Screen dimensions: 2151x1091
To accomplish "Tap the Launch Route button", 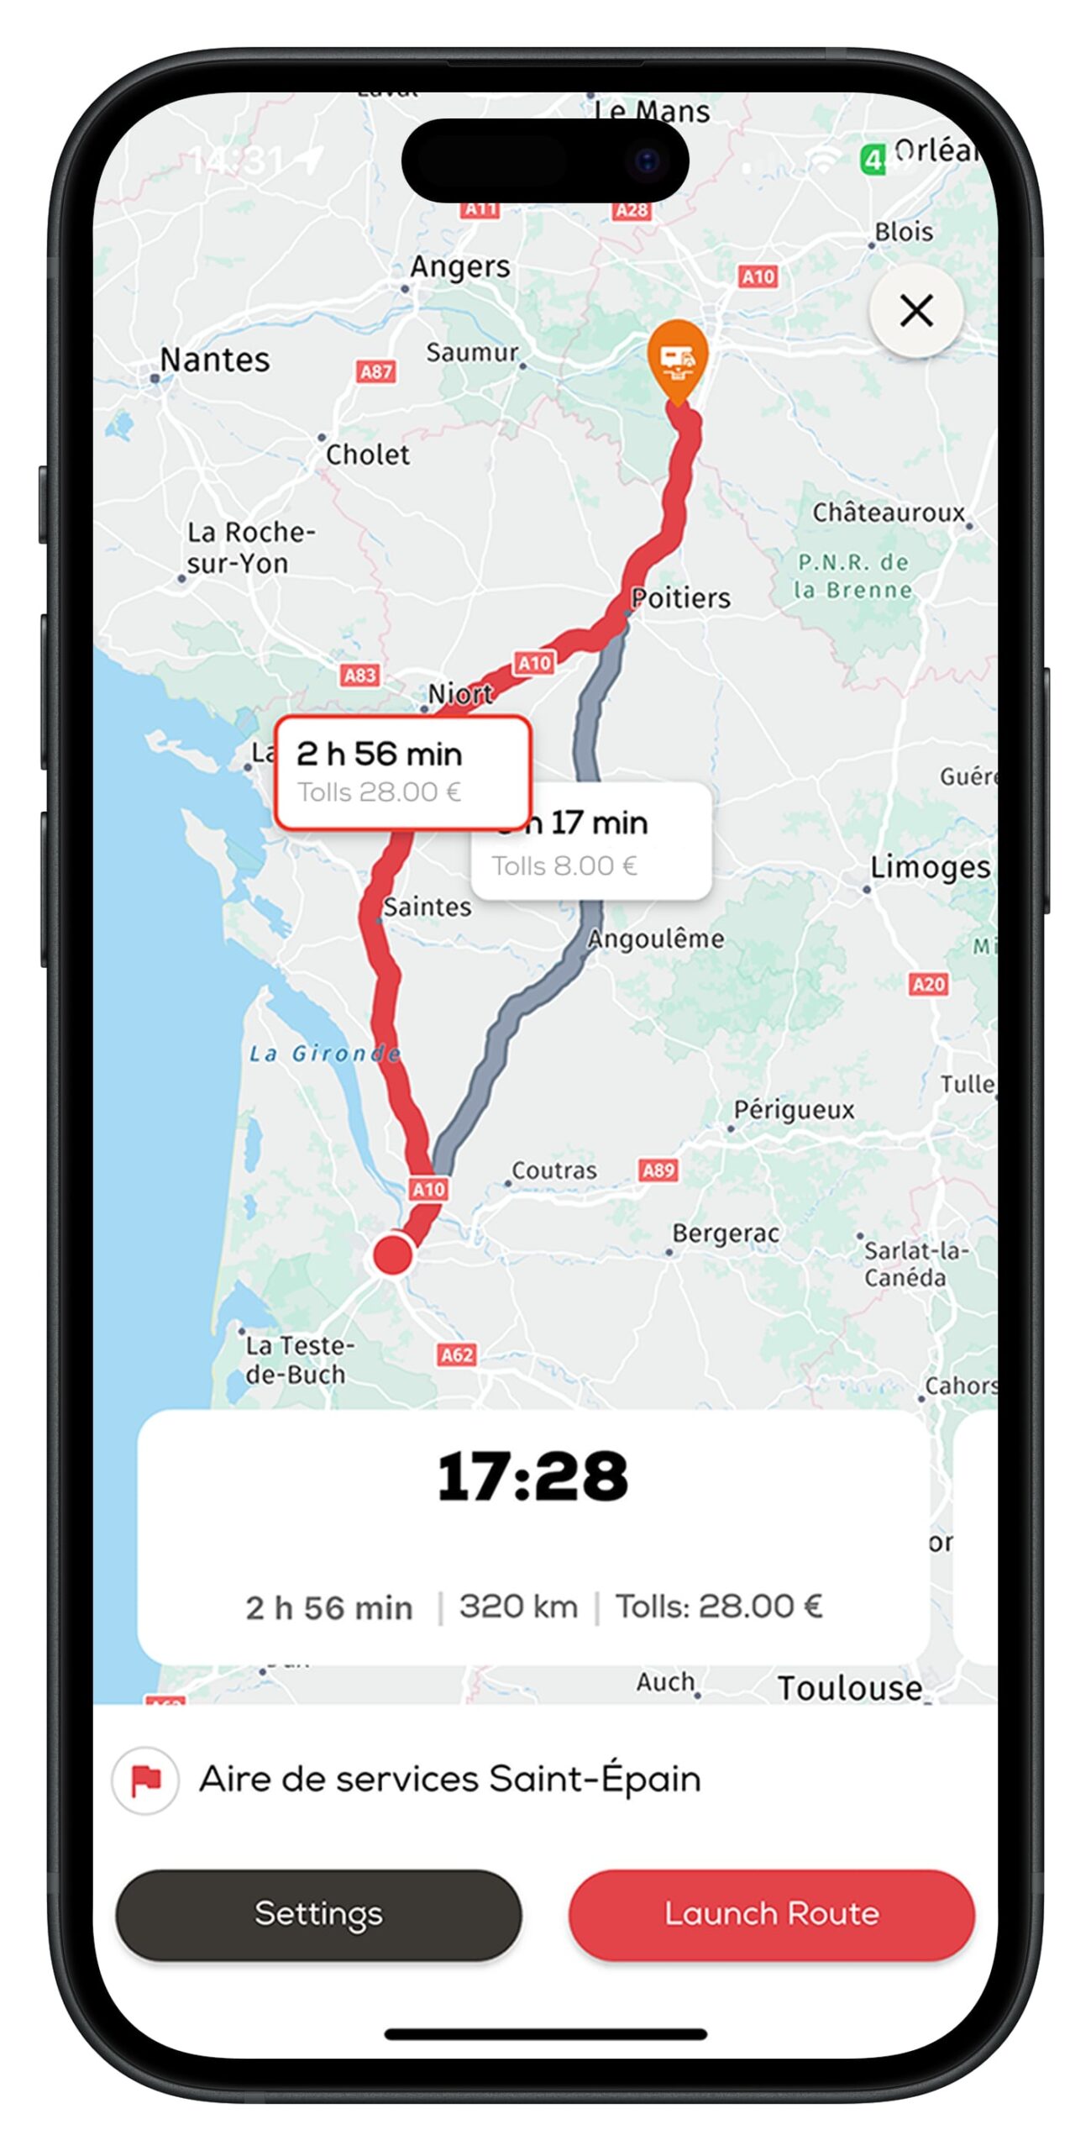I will (x=771, y=1913).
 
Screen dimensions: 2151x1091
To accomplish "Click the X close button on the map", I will (x=915, y=311).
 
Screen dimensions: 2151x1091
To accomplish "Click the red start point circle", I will (x=392, y=1254).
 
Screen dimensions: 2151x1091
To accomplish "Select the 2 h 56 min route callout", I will (x=402, y=771).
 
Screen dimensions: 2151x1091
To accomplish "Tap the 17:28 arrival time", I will (x=532, y=1476).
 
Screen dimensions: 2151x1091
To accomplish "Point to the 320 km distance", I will (x=518, y=1607).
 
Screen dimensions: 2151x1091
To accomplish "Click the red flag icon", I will (x=145, y=1780).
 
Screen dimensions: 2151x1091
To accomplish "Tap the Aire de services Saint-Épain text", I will (x=449, y=1780).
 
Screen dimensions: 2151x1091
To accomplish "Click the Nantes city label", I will (x=215, y=360).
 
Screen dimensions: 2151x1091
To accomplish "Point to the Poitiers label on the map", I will (x=681, y=597).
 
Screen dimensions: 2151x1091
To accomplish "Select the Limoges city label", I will (x=929, y=866).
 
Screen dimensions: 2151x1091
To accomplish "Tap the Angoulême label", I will (x=655, y=939).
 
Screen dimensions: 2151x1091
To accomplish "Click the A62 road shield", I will (x=457, y=1354).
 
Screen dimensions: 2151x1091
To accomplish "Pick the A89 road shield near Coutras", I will (x=658, y=1170).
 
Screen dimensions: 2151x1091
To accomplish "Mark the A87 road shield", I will (x=375, y=371).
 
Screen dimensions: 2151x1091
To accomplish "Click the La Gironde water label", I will (x=323, y=1053).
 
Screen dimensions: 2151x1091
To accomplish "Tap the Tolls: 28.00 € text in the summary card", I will (x=718, y=1607).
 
